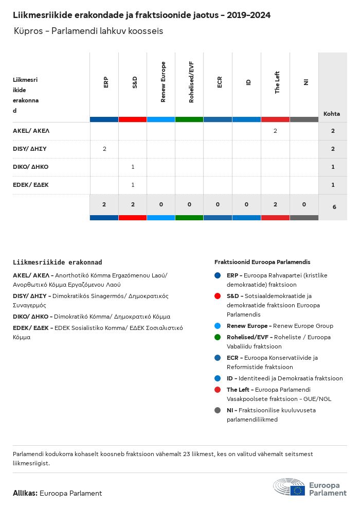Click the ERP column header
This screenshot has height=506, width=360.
tap(105, 82)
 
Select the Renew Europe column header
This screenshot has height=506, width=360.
tap(163, 82)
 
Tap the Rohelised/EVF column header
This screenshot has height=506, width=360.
tap(191, 82)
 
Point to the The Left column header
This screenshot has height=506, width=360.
tap(277, 82)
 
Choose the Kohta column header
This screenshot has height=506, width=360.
tap(331, 114)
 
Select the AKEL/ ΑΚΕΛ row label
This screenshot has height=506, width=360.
tap(31, 131)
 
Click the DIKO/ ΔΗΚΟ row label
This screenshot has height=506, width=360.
tap(31, 167)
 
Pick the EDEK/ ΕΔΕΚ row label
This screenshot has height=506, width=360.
tap(31, 185)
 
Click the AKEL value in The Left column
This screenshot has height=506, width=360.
tap(275, 131)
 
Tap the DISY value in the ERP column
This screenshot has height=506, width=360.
tap(104, 149)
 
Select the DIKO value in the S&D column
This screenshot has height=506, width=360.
tap(133, 167)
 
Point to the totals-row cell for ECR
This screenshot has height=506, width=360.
tap(218, 204)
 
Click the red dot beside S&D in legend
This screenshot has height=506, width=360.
tap(218, 296)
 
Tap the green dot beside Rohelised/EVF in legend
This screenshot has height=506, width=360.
tap(218, 337)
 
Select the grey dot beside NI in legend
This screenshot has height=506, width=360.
tap(218, 410)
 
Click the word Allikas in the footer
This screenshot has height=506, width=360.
tap(25, 493)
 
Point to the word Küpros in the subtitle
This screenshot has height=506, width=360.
tap(28, 31)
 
